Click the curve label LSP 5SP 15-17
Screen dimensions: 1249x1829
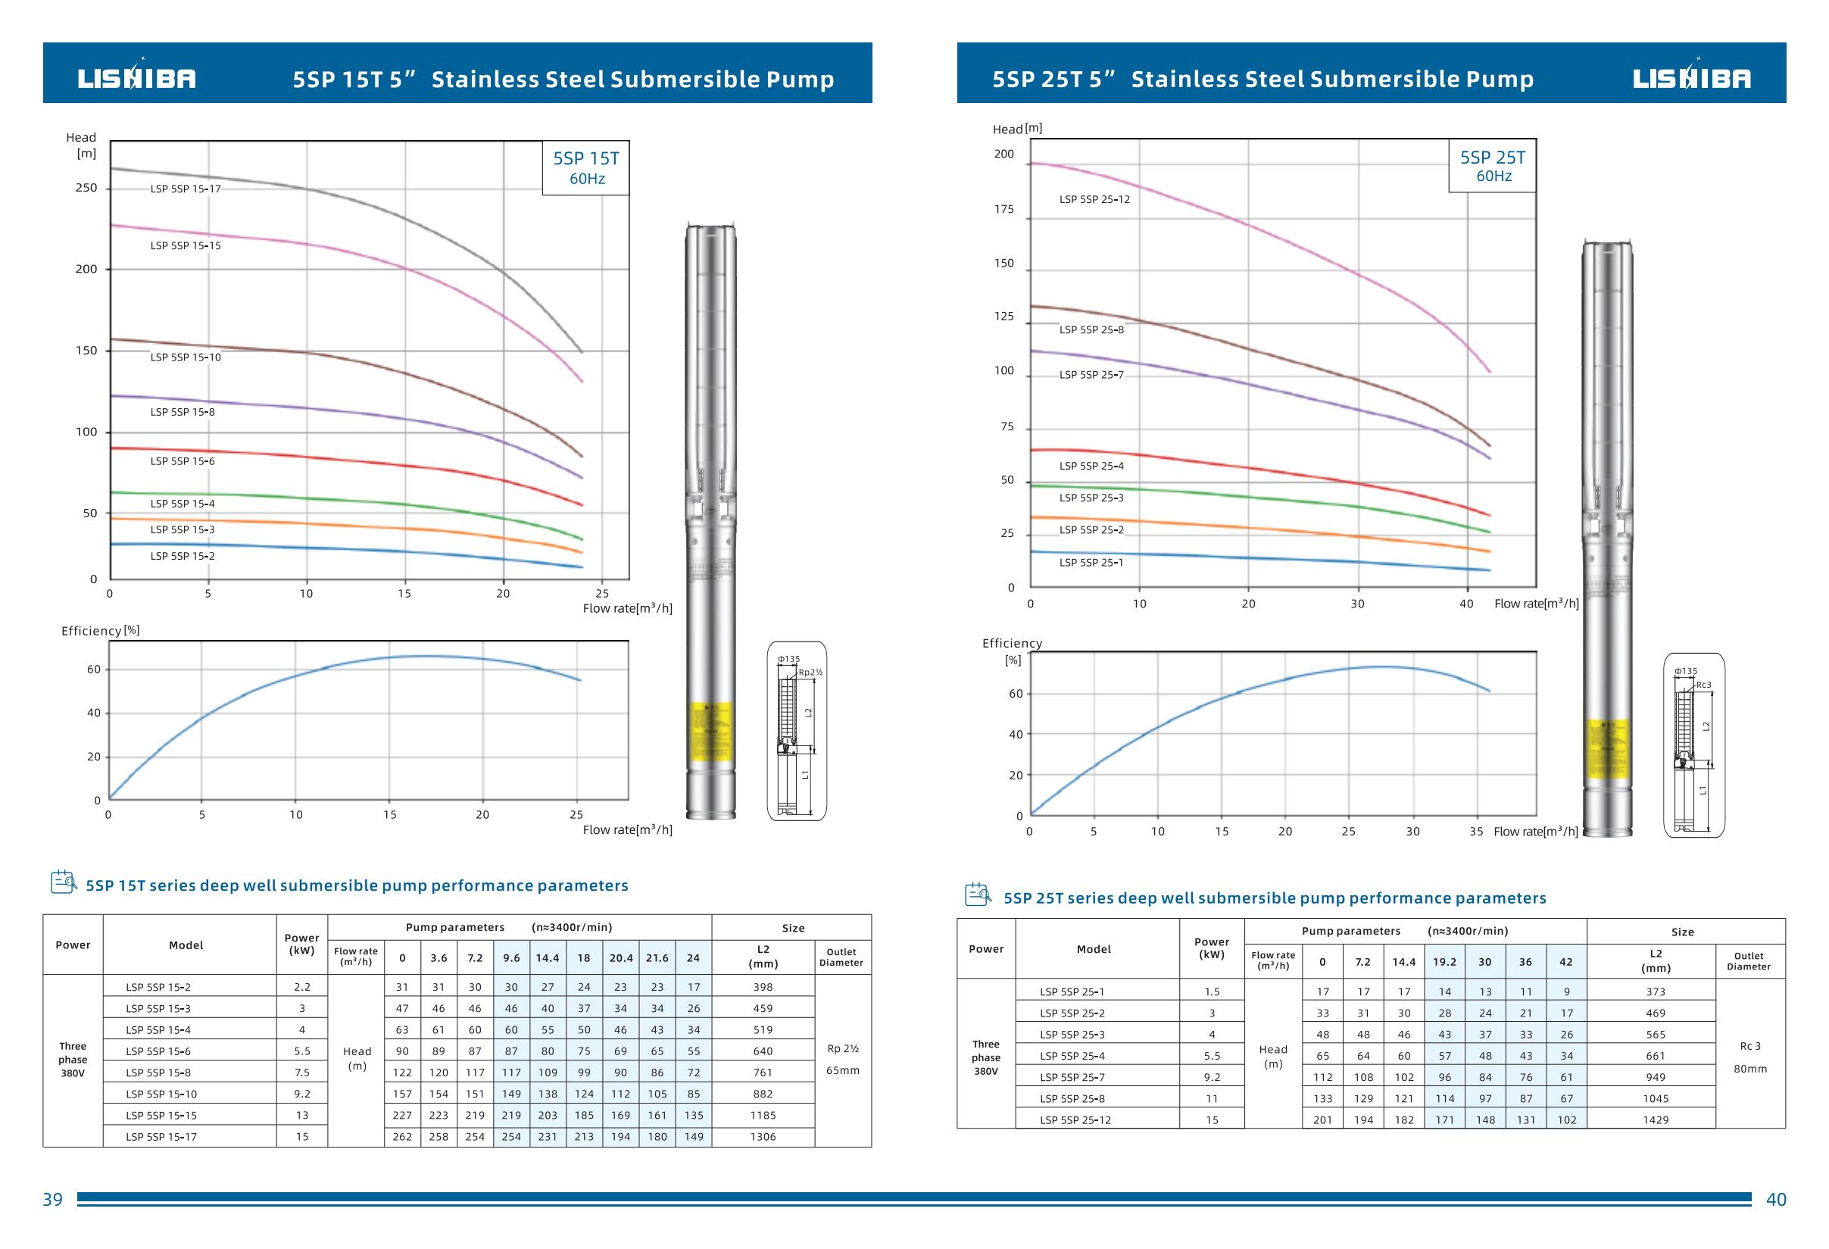pos(186,189)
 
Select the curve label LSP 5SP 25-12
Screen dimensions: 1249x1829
pos(1094,199)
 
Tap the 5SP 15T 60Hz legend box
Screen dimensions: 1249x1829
pos(586,167)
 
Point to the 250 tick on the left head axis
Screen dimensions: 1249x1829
pos(86,188)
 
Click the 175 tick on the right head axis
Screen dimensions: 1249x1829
pos(1003,209)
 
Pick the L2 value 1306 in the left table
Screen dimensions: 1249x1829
pos(763,1136)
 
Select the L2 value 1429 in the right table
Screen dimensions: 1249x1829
pos(1655,1120)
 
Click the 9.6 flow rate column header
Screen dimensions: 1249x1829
pos(511,958)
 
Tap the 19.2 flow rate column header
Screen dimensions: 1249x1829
pos(1444,962)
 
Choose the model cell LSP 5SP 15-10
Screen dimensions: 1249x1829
pos(161,1094)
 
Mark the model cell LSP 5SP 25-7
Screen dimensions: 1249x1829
pos(1072,1077)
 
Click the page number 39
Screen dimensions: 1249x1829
pos(53,1200)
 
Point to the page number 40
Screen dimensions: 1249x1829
pos(1776,1200)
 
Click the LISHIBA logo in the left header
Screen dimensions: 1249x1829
pos(136,78)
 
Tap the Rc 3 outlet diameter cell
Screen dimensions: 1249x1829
pos(1750,1046)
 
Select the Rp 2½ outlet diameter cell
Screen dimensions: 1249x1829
pos(843,1048)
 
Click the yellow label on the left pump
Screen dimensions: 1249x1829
pos(710,731)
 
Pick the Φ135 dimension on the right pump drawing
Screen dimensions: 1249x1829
pos(1686,671)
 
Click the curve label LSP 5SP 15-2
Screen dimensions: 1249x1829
pos(183,557)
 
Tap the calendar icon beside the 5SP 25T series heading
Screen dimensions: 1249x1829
pos(978,895)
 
